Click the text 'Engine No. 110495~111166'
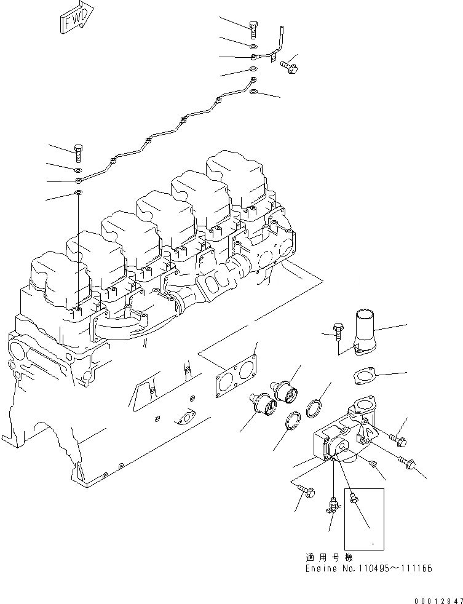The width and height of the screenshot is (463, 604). [368, 568]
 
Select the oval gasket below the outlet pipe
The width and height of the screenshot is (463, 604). [363, 376]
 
